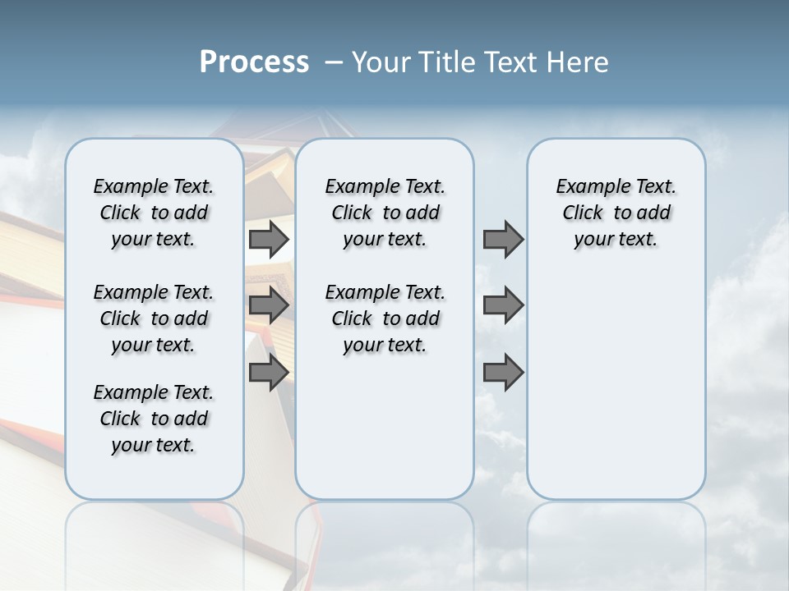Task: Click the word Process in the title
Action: pyautogui.click(x=254, y=62)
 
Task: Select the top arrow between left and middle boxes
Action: pyautogui.click(x=269, y=239)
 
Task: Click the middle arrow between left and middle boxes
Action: pyautogui.click(x=269, y=305)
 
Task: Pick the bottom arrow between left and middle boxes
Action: pyautogui.click(x=269, y=373)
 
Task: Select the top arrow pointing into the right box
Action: pyautogui.click(x=503, y=239)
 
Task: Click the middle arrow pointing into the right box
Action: pyautogui.click(x=503, y=305)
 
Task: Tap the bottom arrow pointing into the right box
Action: pyautogui.click(x=503, y=373)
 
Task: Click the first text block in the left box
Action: pyautogui.click(x=154, y=213)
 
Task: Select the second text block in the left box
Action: pyautogui.click(x=154, y=318)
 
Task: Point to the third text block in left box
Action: pyautogui.click(x=154, y=419)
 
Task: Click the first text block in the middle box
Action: pyautogui.click(x=385, y=213)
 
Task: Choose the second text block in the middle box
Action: pyautogui.click(x=385, y=318)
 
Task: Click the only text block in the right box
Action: pyautogui.click(x=616, y=213)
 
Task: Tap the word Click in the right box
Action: pyautogui.click(x=583, y=213)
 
